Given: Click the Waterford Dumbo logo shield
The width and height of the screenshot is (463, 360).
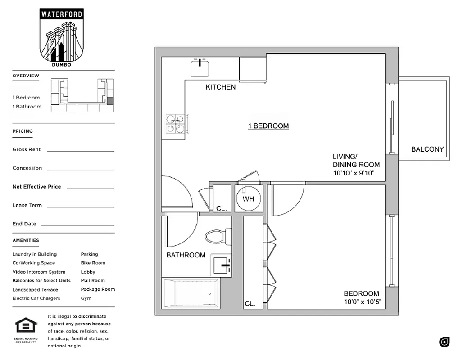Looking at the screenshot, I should tap(62, 37).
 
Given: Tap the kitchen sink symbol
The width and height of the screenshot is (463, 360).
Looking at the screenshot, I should tap(200, 68).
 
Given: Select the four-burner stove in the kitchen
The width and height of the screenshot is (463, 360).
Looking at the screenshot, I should tap(175, 124).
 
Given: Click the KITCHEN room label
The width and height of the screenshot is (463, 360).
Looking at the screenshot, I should tap(221, 87).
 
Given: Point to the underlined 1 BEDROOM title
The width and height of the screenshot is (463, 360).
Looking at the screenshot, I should tap(268, 126).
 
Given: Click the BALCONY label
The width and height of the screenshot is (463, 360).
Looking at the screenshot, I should tap(427, 149).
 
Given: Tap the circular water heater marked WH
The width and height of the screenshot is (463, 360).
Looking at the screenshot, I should tap(249, 198).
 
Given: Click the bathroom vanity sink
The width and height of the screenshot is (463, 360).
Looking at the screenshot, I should tap(221, 266).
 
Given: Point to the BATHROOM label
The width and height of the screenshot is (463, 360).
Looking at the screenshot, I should tap(186, 255).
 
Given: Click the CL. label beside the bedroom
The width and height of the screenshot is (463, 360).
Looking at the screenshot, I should tap(250, 304).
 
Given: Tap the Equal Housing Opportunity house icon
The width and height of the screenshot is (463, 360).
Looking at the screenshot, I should tap(26, 325).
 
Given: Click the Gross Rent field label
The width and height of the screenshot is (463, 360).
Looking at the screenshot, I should tap(27, 149).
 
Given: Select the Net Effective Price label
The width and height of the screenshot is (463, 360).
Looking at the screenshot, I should tap(36, 187).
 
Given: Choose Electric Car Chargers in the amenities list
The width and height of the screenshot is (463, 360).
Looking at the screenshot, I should tap(36, 298).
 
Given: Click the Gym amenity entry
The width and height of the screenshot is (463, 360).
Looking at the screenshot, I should tap(86, 298).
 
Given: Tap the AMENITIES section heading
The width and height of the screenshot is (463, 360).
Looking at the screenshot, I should tap(26, 240).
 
